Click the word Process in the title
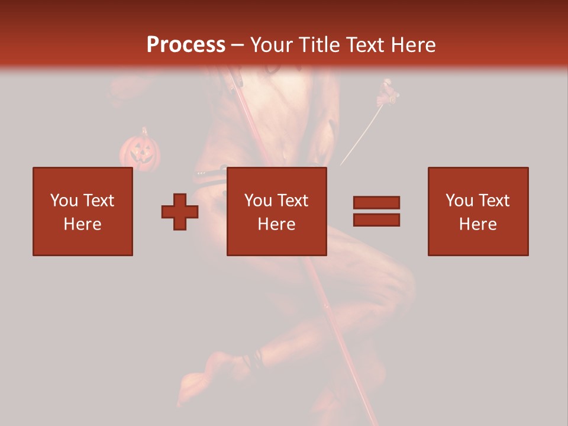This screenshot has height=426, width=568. point(186,45)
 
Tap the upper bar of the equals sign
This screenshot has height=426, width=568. point(376,202)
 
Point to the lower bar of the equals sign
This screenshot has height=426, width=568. point(376,220)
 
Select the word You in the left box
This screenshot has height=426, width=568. point(64,201)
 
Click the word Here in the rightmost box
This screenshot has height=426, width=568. point(478,224)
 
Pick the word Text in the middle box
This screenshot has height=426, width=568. point(293,201)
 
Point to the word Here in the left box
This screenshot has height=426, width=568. point(83,224)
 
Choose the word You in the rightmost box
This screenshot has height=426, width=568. point(459,201)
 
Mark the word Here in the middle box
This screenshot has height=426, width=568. point(277,224)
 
